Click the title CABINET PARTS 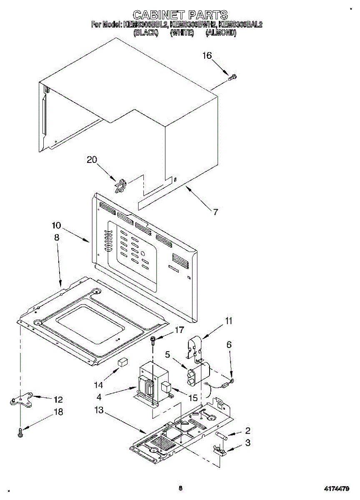(180, 15)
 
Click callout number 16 (207, 55)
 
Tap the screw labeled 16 (232, 77)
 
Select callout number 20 (92, 159)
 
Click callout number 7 (215, 212)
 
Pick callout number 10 (56, 226)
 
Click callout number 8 (56, 237)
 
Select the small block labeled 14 (122, 362)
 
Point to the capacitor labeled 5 (198, 375)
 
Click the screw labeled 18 (20, 432)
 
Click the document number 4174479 (337, 487)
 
